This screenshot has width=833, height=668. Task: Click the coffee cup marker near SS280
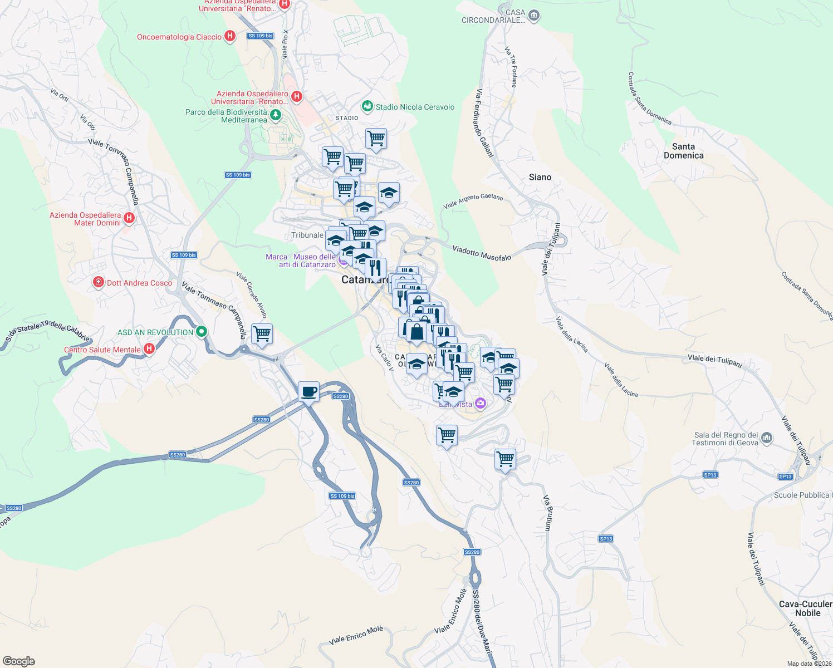pos(308,391)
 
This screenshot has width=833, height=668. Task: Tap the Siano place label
pos(540,177)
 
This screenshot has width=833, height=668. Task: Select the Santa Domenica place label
pos(683,151)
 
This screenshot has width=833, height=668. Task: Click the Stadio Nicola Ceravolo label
pos(415,107)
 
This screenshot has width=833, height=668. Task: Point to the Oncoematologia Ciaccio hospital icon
pos(229,37)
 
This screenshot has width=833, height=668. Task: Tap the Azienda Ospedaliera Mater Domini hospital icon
pos(129,218)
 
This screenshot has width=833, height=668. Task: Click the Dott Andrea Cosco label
pos(139,283)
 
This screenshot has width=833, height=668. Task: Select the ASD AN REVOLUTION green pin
pos(202,332)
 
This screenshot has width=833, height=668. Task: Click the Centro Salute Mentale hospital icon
pos(149,349)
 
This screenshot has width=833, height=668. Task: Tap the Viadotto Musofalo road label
pos(482,253)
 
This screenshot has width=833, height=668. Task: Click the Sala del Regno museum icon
pos(767,438)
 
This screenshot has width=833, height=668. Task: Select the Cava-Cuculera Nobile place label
pos(807,608)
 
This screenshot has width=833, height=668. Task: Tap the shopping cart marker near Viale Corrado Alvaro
pos(262,334)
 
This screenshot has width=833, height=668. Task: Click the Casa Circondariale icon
pos(534,15)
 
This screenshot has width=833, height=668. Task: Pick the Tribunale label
pos(307,235)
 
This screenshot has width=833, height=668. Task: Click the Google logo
pos(19,661)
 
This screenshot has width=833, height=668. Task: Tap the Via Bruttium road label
pos(548,513)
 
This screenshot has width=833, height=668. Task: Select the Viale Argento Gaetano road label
pos(473,200)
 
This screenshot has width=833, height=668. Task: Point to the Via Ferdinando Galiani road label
pos(484,122)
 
